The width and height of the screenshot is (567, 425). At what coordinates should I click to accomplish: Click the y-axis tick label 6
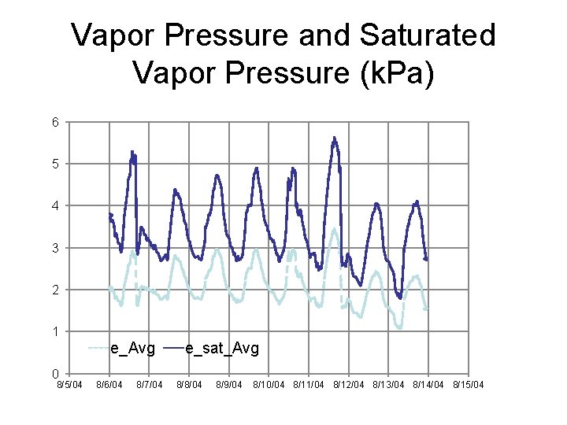[x=54, y=122]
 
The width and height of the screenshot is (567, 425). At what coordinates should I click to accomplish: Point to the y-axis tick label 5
[x=54, y=164]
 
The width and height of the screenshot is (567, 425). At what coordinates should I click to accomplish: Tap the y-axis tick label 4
[x=54, y=205]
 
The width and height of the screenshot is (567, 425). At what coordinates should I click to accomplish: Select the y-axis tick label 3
[x=54, y=248]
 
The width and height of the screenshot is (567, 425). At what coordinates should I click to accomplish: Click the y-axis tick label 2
[x=54, y=290]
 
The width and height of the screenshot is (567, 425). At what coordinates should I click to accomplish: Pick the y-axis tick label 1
[x=54, y=331]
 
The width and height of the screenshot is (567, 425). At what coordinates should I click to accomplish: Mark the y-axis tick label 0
[x=54, y=373]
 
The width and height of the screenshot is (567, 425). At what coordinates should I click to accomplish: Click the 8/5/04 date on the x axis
[x=69, y=385]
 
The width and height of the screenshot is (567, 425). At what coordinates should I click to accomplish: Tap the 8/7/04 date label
[x=149, y=385]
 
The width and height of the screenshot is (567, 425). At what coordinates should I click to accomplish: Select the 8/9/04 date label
[x=229, y=385]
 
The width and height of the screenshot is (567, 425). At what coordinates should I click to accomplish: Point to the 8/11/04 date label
[x=309, y=385]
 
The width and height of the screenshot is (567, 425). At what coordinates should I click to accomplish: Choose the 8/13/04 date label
[x=389, y=385]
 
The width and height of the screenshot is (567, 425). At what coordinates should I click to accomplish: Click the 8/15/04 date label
[x=469, y=385]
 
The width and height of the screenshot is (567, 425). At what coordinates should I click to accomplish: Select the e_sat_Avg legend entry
[x=221, y=348]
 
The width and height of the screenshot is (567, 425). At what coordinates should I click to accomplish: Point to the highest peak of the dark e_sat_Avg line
[x=334, y=138]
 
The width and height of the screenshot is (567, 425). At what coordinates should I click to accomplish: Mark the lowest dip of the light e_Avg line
[x=399, y=327]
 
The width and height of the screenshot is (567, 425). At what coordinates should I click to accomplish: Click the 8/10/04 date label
[x=269, y=385]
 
